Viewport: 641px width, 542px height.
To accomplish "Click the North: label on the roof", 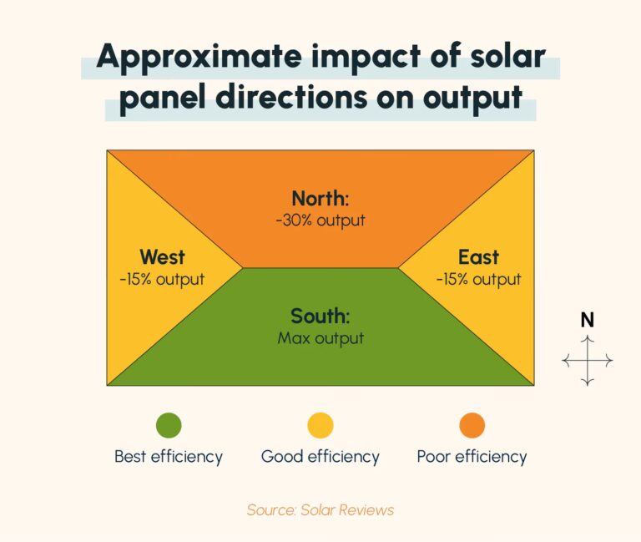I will coord(320,199).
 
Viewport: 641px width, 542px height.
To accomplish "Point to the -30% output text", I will coord(320,220).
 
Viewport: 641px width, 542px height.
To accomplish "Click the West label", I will coord(162,256).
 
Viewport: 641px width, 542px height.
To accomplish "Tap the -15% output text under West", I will coord(162,279).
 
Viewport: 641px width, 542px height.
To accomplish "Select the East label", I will coord(478,256).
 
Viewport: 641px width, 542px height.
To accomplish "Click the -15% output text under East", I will coord(478,279).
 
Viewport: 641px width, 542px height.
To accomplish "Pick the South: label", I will coord(320,317).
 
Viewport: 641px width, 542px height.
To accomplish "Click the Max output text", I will coord(320,338).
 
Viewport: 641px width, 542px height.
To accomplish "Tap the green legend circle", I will coord(169,426).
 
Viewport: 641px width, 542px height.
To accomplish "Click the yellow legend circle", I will coord(320,426).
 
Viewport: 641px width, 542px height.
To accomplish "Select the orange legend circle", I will coord(472,426).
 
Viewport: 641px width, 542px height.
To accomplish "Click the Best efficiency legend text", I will coord(169,457).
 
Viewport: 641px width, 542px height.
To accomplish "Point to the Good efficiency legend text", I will coord(320,457).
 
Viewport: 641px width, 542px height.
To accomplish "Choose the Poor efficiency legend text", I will coord(472,457).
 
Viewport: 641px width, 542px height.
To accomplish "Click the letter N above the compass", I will coord(588,320).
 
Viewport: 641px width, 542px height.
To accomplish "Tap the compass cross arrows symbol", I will coord(588,361).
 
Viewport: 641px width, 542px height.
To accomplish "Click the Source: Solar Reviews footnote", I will coord(320,509).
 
